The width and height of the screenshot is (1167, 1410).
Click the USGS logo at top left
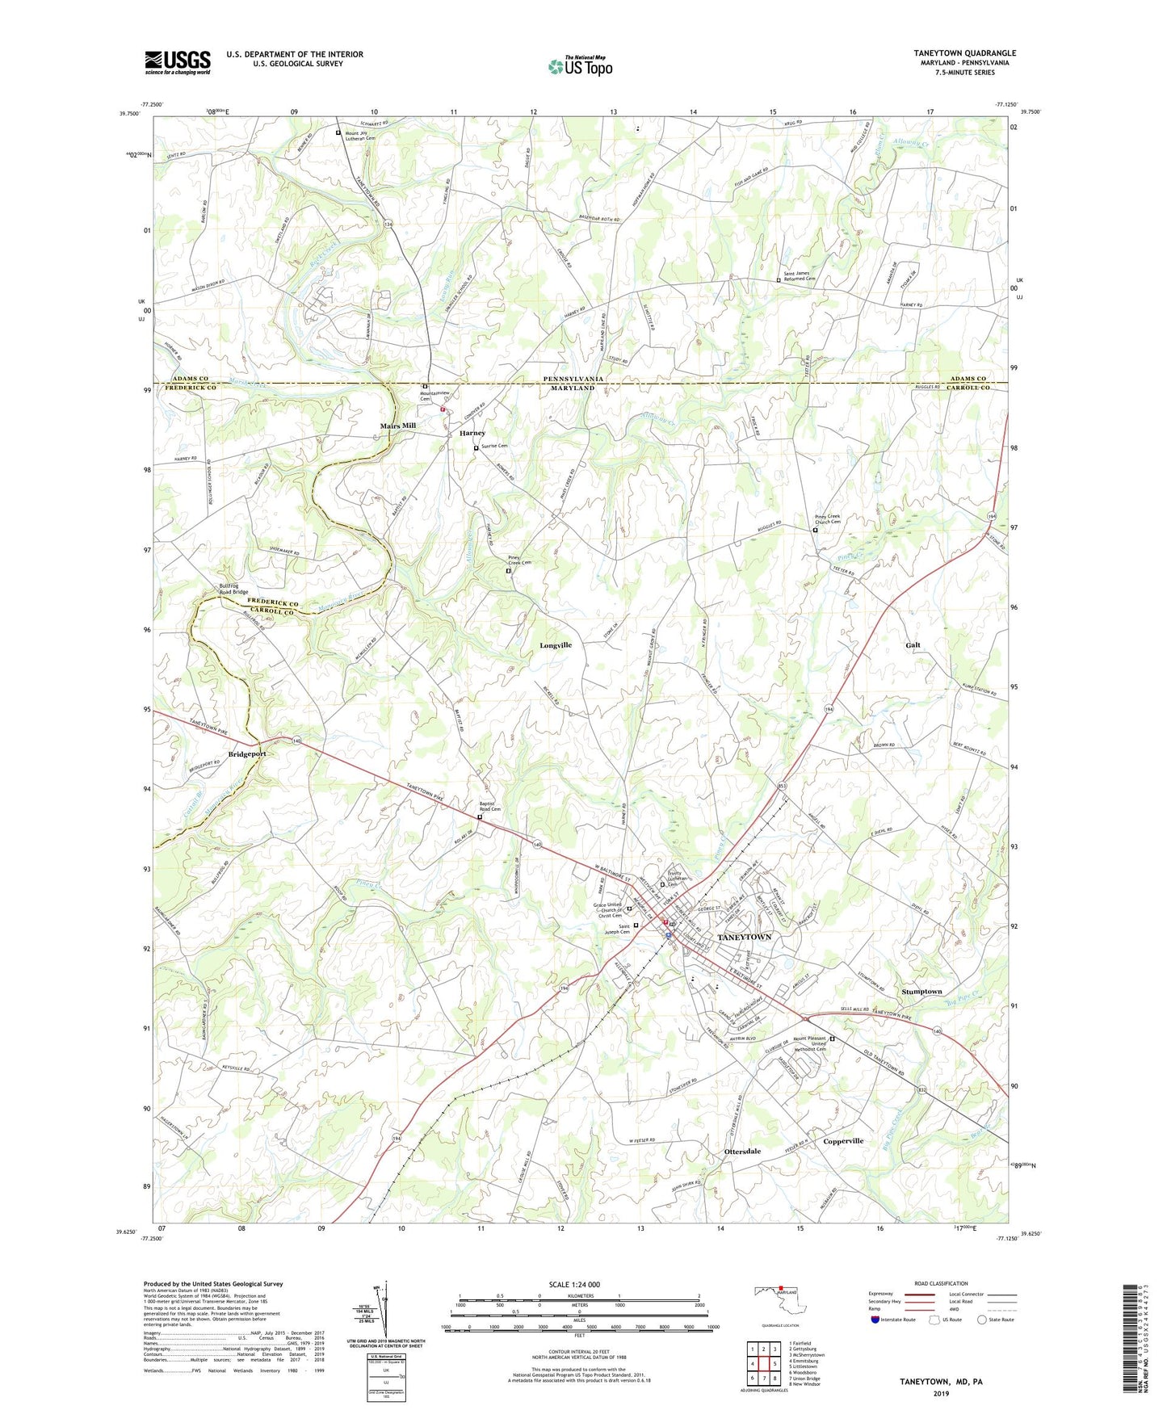[x=177, y=61]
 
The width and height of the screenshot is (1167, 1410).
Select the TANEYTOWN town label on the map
[x=744, y=937]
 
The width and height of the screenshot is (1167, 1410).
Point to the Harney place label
[x=472, y=433]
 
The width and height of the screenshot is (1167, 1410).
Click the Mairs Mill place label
[x=398, y=426]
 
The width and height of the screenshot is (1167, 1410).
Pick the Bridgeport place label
[x=246, y=753]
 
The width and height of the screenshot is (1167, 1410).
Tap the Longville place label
[x=556, y=645]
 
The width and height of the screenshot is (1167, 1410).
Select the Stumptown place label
[x=921, y=991]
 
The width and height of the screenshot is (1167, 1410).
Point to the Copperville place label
[x=843, y=1141]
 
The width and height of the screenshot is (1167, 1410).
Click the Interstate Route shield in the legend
[x=875, y=1320]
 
